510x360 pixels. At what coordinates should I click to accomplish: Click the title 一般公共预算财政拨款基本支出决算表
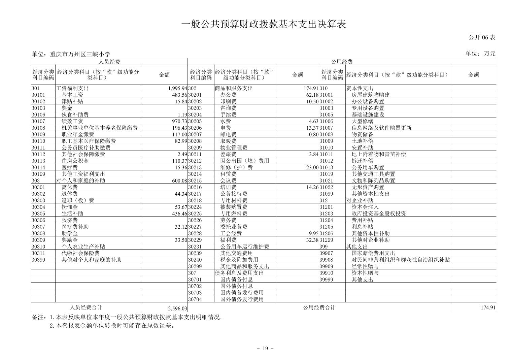point(264,24)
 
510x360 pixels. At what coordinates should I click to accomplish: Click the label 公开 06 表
point(482,37)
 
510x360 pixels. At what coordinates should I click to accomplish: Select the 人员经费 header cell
point(109,62)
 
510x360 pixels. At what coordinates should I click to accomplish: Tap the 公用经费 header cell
point(342,62)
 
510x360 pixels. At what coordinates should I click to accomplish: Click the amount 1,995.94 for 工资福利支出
point(177,88)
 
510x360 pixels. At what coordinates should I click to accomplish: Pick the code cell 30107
point(38,121)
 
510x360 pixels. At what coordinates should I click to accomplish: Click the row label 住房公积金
point(75,161)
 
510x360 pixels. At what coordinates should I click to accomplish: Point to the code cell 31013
point(326,167)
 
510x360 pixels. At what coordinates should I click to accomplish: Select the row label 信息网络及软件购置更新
point(381,128)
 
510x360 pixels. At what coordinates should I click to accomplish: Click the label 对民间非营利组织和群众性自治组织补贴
point(401,260)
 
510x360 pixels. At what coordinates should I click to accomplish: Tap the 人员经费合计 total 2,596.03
point(177,308)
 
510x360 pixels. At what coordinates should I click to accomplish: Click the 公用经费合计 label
point(319,307)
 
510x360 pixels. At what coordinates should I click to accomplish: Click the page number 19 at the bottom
point(265,348)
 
